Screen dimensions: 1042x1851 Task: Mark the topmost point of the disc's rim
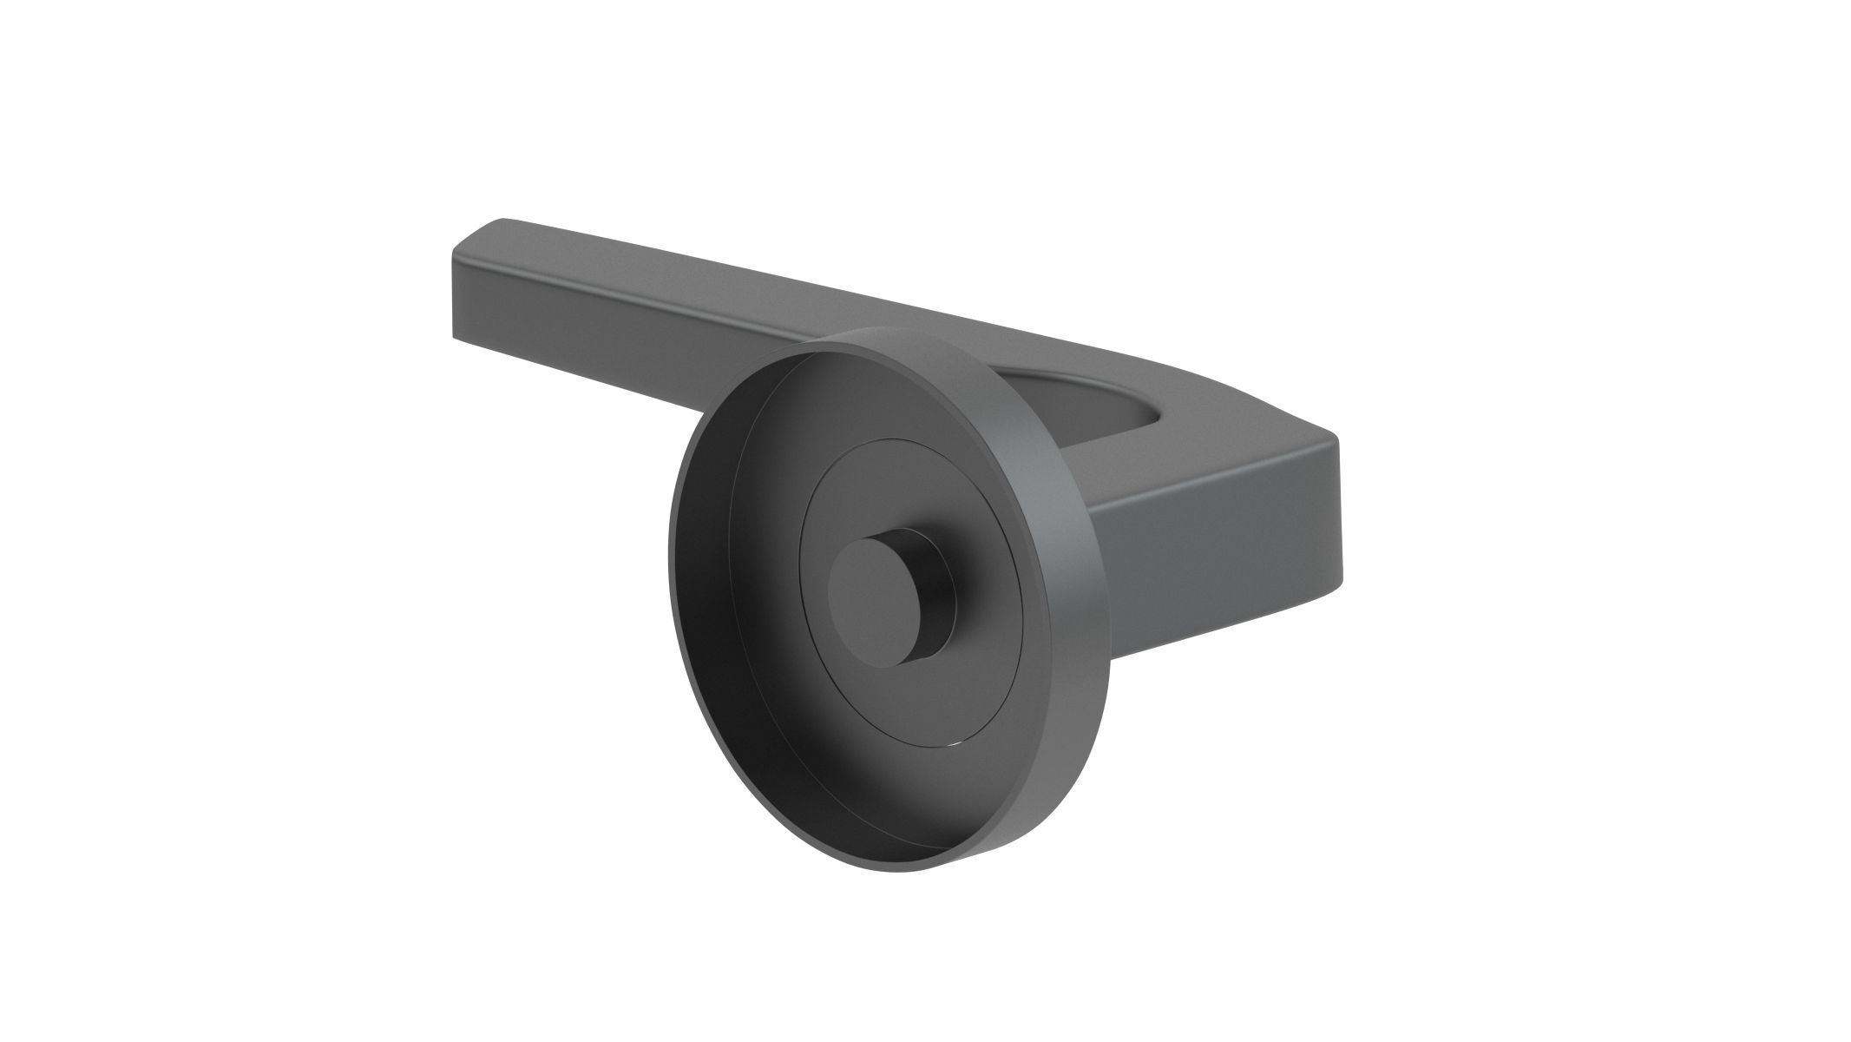tap(903, 329)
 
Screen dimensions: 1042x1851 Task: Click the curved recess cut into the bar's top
tap(1093, 391)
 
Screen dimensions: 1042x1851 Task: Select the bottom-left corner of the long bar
tap(453, 334)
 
